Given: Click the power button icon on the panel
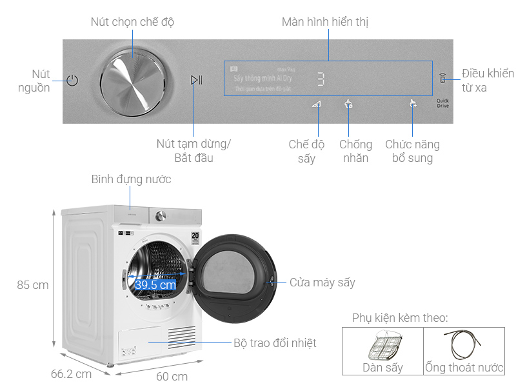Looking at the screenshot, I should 72,81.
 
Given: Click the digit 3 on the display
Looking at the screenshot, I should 321,79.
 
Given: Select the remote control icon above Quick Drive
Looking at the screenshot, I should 442,79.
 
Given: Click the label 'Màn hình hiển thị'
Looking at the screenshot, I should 325,22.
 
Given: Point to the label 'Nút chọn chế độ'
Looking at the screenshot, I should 132,22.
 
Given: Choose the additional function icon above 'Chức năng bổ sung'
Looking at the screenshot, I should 413,103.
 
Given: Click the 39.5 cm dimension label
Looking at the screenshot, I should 155,284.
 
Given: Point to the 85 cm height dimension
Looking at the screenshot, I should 32,284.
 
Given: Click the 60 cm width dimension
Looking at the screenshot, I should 171,376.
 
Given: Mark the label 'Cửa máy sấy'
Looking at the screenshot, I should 322,283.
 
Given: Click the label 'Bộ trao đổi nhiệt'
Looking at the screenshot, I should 275,343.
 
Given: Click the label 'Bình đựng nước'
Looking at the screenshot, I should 131,179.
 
